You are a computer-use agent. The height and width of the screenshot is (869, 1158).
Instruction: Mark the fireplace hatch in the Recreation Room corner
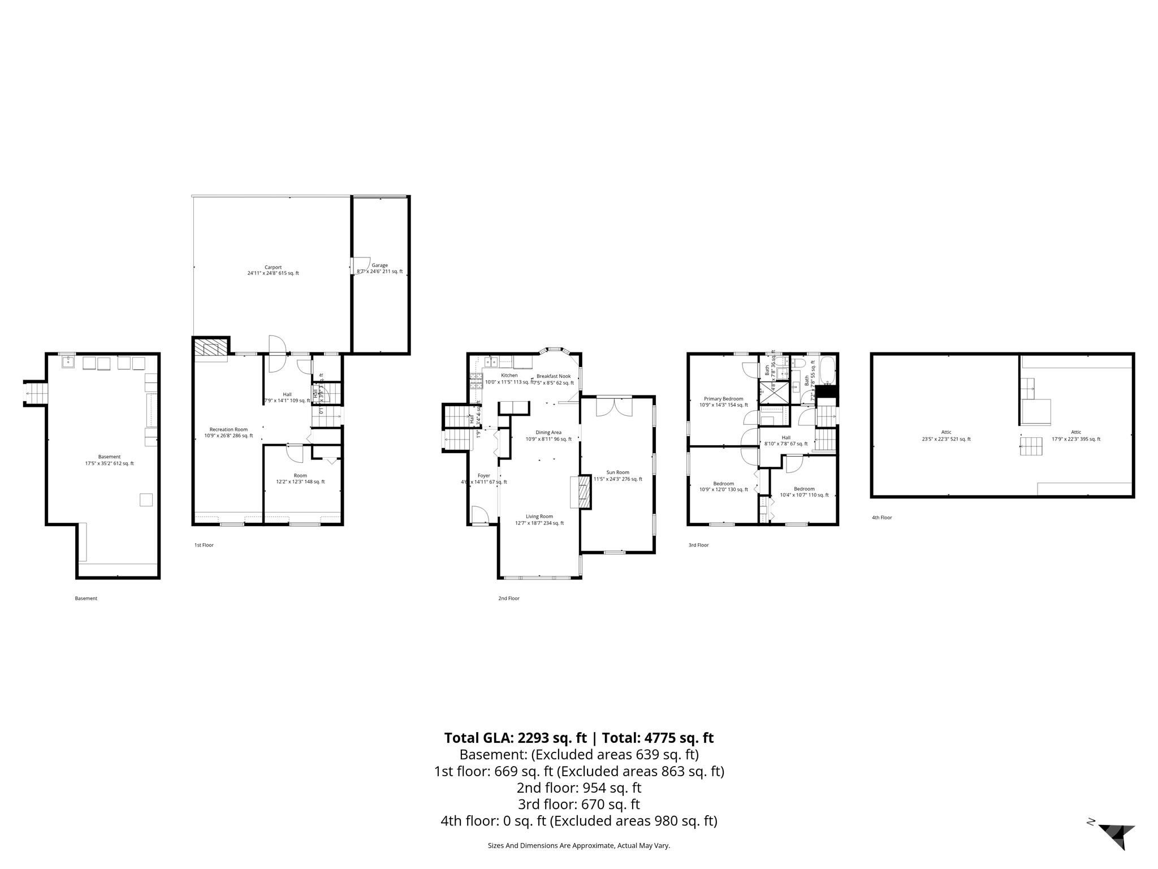[210, 349]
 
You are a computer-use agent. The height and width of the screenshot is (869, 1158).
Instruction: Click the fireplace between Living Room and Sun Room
[582, 492]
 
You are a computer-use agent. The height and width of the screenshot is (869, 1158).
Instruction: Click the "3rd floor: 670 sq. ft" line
[578, 804]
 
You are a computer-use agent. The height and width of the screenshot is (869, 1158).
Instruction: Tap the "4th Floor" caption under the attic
[882, 518]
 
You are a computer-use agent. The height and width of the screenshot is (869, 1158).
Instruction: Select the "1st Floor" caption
[204, 545]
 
